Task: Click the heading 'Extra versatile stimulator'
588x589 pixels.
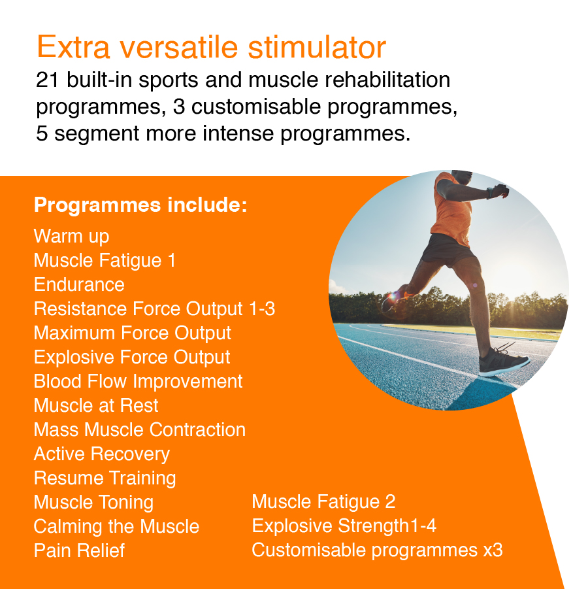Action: tap(211, 48)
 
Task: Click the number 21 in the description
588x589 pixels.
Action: tap(47, 80)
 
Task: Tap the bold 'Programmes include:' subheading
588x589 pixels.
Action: tap(140, 205)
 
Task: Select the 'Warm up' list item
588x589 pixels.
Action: tap(71, 236)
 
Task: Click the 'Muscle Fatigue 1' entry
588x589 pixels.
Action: tap(105, 260)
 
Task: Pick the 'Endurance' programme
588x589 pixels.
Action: tap(79, 284)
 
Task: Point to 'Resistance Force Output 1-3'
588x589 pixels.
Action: tap(154, 309)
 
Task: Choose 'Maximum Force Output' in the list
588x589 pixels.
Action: tap(133, 333)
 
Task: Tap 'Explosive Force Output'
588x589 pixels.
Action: tap(132, 357)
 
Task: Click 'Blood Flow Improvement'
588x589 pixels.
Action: tap(138, 381)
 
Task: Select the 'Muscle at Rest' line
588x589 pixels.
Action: tap(96, 405)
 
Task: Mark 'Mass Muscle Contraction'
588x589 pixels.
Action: tap(140, 429)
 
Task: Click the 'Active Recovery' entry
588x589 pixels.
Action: tap(102, 454)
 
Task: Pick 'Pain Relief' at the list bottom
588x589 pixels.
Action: tap(79, 550)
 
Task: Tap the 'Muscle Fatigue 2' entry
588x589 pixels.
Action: tap(323, 502)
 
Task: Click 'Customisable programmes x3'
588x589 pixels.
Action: tap(377, 550)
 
